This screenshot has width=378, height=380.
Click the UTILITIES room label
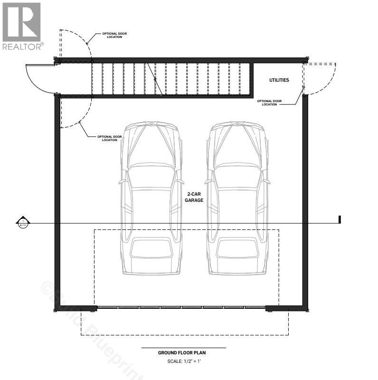(x=279, y=80)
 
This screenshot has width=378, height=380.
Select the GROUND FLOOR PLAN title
(x=182, y=353)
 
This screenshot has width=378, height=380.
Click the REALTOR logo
(x=22, y=26)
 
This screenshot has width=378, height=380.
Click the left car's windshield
(x=151, y=176)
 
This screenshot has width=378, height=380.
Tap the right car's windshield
(x=238, y=176)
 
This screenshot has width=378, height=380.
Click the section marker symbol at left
(x=22, y=222)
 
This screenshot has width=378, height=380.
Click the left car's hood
(x=151, y=142)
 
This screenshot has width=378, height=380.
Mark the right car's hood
(x=238, y=142)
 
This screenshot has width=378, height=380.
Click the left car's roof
(x=151, y=209)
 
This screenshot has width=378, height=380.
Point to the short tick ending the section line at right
(x=340, y=219)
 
